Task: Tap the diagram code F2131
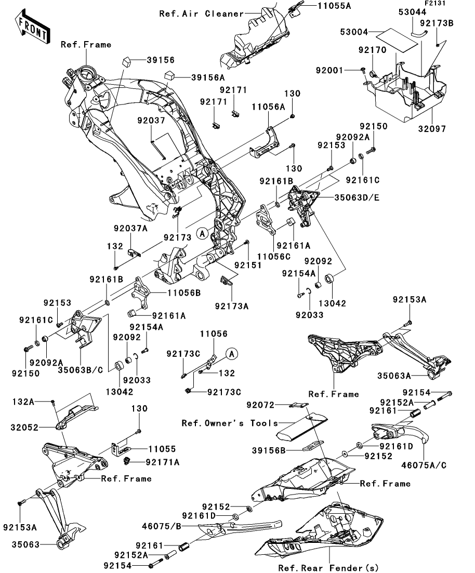(x=435, y=4)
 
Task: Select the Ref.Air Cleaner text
(x=201, y=14)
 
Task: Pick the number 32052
(x=23, y=428)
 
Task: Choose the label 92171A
(x=163, y=461)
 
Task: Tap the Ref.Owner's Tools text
(x=230, y=423)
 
